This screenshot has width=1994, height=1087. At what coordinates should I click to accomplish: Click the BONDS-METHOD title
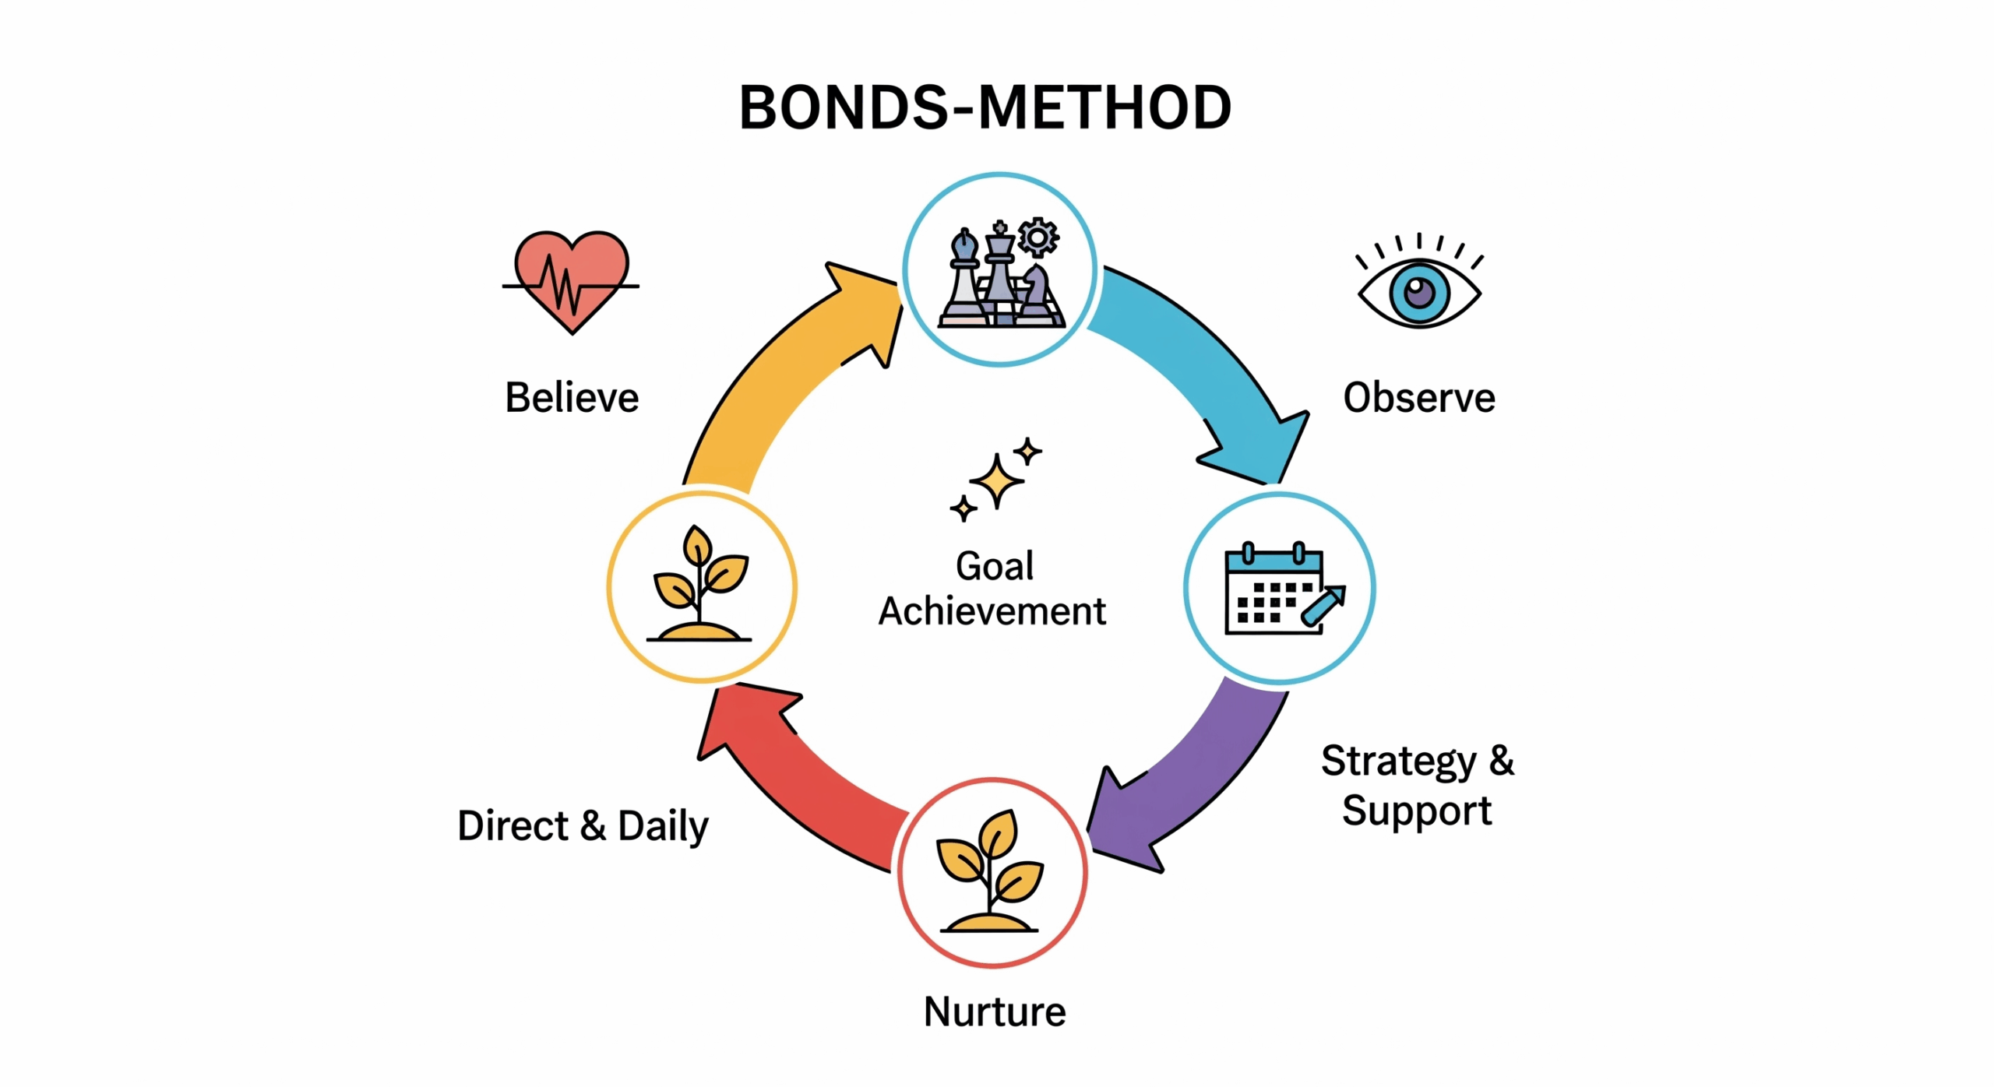[985, 107]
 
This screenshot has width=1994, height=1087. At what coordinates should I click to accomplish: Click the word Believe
[572, 397]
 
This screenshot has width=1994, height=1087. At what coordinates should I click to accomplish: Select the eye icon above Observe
[1419, 282]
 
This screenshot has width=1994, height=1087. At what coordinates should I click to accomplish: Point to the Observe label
[1419, 397]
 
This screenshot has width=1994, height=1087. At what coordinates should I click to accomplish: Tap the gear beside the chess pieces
[1038, 237]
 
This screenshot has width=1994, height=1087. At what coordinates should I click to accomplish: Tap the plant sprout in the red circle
[990, 871]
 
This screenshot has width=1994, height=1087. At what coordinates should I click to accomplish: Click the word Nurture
[995, 1011]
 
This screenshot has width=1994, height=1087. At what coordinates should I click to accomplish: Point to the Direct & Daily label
[583, 825]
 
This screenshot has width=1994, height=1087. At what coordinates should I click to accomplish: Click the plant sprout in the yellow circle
[700, 583]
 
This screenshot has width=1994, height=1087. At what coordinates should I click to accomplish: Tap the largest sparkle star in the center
[996, 480]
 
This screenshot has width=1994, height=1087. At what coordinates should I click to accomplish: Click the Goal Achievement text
[993, 589]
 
